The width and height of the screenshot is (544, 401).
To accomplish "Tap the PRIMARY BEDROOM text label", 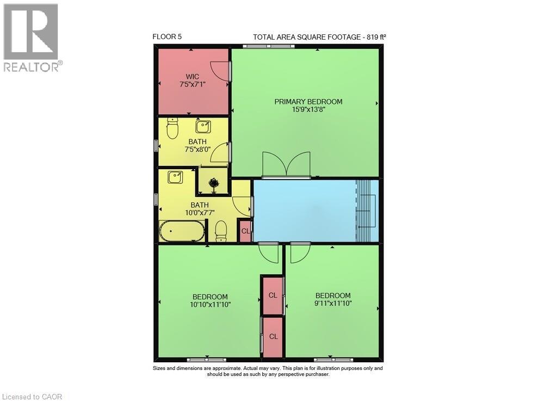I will (x=308, y=102).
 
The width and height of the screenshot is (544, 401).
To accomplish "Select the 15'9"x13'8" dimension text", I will (x=308, y=109).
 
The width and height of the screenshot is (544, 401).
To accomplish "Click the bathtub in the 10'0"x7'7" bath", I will (x=182, y=231).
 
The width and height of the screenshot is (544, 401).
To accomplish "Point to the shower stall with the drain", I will (x=214, y=182).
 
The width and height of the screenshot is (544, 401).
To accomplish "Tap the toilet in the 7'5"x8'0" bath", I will (x=172, y=129).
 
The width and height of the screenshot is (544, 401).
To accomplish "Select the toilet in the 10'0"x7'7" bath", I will (x=221, y=231).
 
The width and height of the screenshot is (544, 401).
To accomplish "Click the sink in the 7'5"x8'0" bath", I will (x=203, y=127).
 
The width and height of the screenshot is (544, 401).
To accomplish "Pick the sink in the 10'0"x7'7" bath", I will (x=175, y=176).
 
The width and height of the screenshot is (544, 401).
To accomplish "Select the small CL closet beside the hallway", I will (x=245, y=231).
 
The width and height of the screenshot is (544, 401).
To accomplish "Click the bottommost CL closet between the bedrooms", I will (x=273, y=337).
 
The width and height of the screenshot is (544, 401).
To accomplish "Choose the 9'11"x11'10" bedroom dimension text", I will (x=333, y=303).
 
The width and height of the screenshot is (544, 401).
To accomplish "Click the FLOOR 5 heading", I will (x=167, y=37).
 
